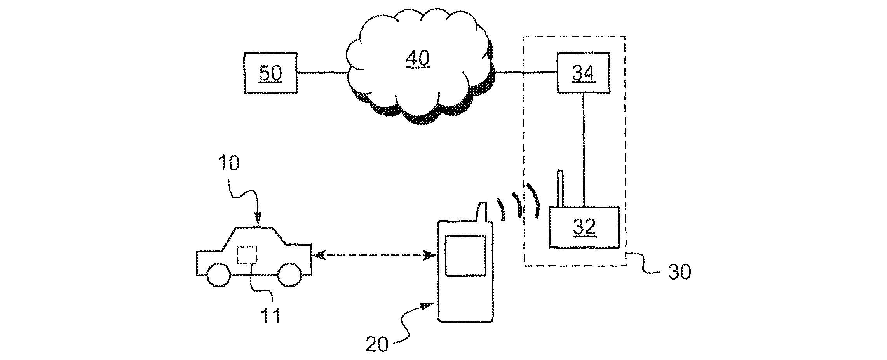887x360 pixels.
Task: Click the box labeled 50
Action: point(270,73)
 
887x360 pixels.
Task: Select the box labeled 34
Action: point(583,73)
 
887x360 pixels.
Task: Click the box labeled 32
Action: point(584,227)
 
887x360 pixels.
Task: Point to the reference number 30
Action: point(680,272)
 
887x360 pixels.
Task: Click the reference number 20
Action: point(377,344)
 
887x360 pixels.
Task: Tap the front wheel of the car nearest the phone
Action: point(289,275)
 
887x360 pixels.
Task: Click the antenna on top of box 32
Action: point(560,188)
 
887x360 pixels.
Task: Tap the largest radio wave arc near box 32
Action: point(535,200)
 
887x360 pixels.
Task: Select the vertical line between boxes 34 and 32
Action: point(583,150)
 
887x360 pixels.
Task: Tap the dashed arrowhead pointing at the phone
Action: point(430,255)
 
